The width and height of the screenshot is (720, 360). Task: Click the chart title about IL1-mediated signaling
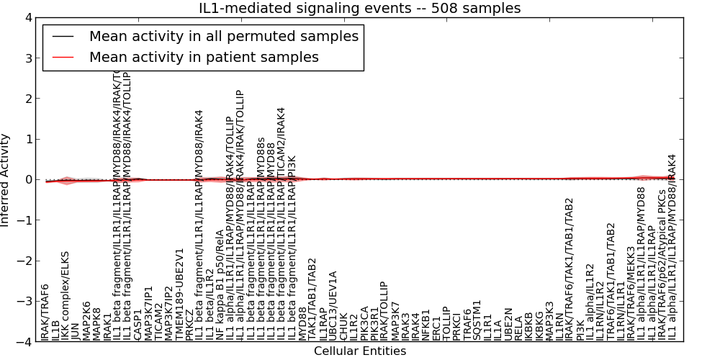coord(360,8)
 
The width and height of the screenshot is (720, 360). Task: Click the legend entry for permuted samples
coord(223,36)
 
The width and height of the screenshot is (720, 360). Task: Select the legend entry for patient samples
coord(204,57)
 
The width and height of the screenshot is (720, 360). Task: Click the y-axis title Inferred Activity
coord(6,180)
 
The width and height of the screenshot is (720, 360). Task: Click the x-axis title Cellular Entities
coord(360,351)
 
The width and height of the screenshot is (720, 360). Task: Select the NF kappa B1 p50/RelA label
coord(220,285)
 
